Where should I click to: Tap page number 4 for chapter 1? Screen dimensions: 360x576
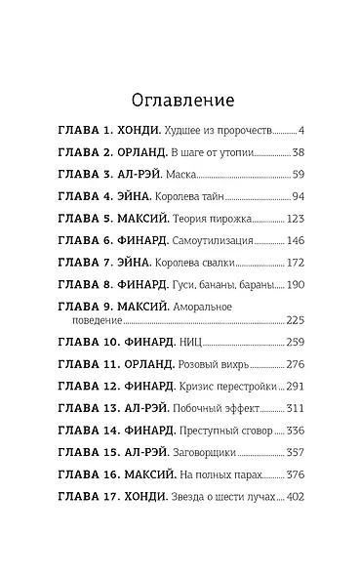click(x=302, y=130)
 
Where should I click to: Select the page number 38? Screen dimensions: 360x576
click(x=299, y=152)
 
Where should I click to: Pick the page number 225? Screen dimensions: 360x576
click(x=296, y=319)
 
